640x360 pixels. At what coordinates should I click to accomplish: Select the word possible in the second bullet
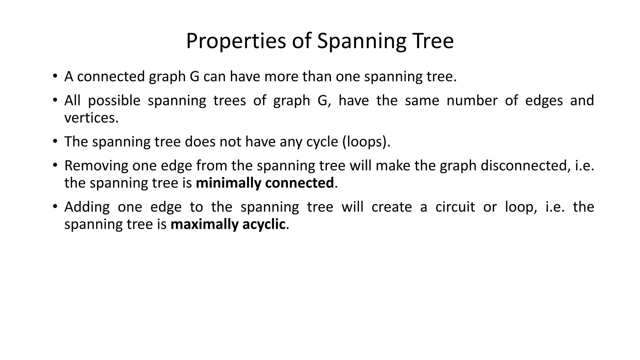114,101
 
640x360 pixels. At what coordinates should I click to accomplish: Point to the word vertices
91,118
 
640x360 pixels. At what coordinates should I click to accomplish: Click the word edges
544,101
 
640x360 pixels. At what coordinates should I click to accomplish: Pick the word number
472,100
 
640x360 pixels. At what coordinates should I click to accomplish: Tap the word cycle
322,142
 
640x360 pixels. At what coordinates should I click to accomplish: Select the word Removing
96,166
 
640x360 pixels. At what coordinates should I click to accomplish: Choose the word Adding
87,207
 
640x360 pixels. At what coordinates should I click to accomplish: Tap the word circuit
455,207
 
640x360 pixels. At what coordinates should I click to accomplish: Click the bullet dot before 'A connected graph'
55,76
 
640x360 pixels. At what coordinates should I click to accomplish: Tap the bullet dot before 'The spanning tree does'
55,141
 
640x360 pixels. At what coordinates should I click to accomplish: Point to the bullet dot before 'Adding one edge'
55,206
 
